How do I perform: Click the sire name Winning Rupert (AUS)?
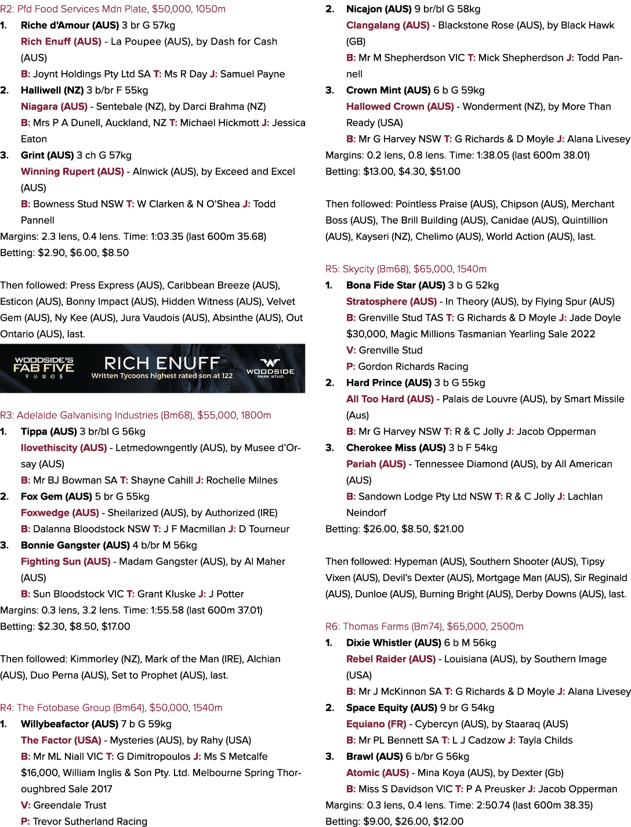(72, 172)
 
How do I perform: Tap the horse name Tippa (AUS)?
(49, 432)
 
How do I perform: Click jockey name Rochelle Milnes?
(242, 481)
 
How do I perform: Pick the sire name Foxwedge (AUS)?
(60, 513)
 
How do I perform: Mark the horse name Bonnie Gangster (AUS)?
(75, 546)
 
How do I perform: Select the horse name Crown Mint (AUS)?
(387, 91)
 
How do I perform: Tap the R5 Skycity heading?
(406, 269)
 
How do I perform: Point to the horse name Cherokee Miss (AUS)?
(396, 448)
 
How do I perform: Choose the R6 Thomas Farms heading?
(424, 627)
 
